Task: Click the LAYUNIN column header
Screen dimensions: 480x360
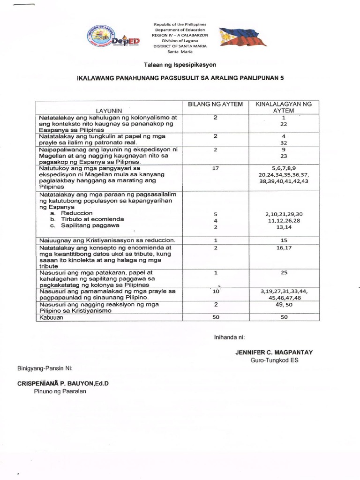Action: [109, 110]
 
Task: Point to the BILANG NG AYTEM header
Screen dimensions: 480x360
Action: [215, 104]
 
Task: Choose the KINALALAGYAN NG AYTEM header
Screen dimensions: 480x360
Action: [284, 107]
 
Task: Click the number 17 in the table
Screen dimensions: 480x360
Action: [215, 167]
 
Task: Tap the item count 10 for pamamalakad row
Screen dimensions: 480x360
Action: [215, 291]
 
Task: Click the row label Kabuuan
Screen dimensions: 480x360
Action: [52, 317]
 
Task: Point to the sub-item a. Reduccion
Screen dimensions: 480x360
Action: [74, 213]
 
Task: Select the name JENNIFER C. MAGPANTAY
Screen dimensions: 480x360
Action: [274, 352]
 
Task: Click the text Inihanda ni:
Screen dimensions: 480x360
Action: [230, 337]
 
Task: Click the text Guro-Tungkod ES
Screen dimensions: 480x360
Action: [274, 360]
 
